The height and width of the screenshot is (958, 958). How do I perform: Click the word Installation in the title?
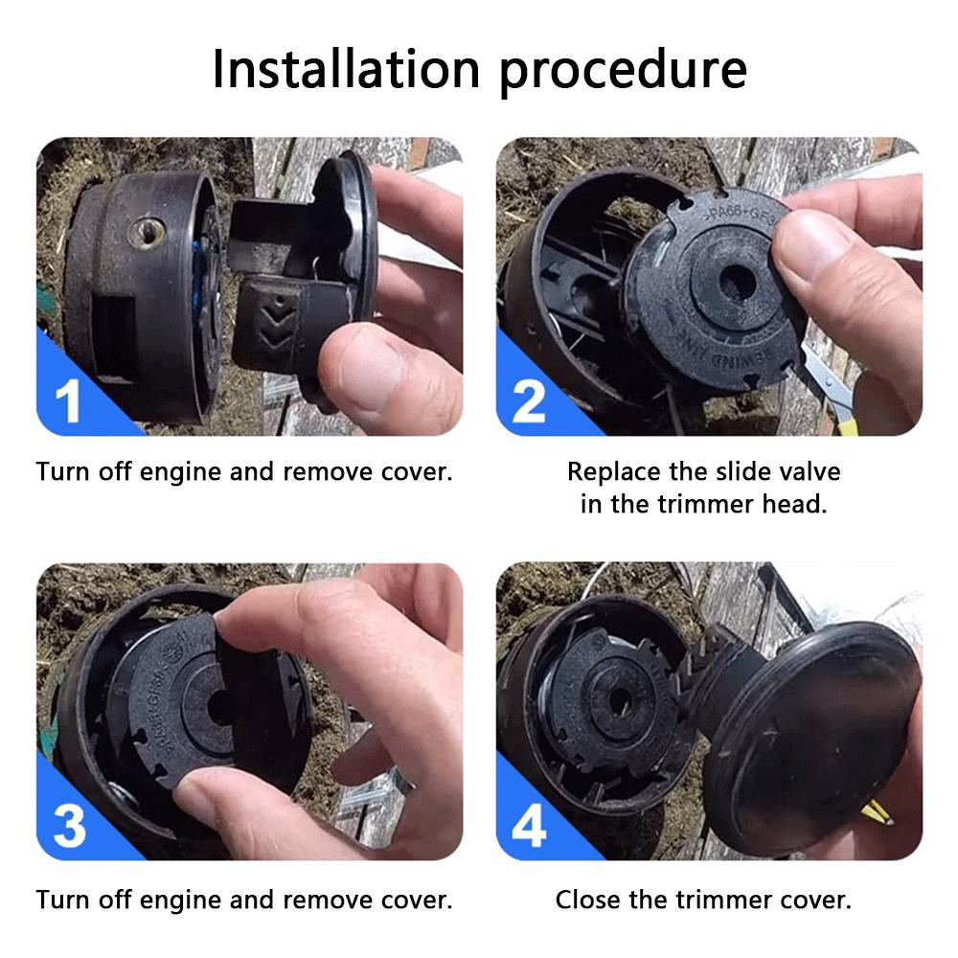[346, 69]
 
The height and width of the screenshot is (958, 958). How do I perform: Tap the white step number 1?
[68, 400]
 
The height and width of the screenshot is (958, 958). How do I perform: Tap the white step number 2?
[529, 400]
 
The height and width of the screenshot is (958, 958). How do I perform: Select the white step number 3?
[69, 826]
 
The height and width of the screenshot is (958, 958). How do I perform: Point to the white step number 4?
[529, 826]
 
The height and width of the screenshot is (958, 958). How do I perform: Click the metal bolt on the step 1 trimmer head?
[147, 232]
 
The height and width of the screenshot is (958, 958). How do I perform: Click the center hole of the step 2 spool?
[737, 283]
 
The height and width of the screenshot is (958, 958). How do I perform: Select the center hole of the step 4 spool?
[620, 699]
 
